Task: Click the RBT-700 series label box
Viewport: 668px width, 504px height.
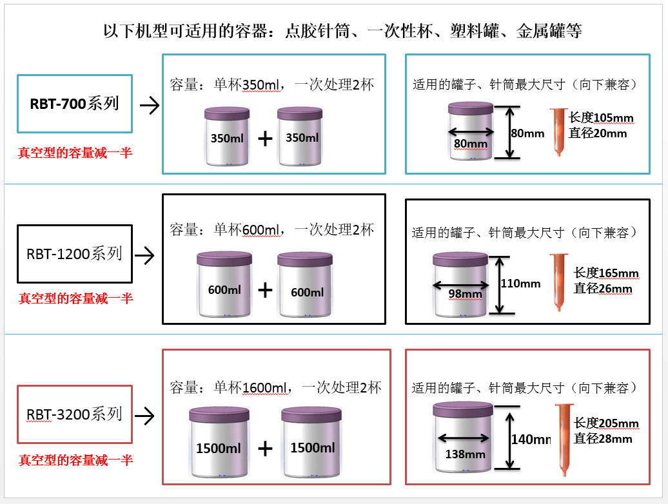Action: (x=75, y=104)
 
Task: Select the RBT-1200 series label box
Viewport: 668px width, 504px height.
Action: (x=75, y=254)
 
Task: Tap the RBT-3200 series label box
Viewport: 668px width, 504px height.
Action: (x=75, y=414)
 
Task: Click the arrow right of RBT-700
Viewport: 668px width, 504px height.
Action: (x=150, y=105)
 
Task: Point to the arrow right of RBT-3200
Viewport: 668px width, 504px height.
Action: (x=144, y=416)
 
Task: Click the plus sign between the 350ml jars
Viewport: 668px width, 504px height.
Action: (x=265, y=139)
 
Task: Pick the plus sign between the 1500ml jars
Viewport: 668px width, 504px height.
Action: (x=265, y=449)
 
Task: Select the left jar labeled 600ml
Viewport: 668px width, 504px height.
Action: (x=224, y=284)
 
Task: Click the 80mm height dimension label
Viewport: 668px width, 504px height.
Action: (x=528, y=133)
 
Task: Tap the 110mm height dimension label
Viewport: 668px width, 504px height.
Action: (x=520, y=284)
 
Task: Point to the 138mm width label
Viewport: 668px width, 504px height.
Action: (x=466, y=454)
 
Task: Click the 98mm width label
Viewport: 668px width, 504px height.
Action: (x=466, y=294)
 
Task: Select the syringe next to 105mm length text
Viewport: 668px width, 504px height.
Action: (x=558, y=132)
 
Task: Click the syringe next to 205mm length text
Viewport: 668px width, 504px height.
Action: (x=564, y=440)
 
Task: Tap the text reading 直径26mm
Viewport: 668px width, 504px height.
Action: (x=603, y=289)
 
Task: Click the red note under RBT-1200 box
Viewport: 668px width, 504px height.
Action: (x=76, y=298)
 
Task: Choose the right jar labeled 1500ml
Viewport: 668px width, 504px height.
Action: (x=311, y=442)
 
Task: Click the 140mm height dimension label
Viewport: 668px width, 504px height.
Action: (x=531, y=440)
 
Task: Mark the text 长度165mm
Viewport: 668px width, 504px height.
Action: (x=606, y=273)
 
